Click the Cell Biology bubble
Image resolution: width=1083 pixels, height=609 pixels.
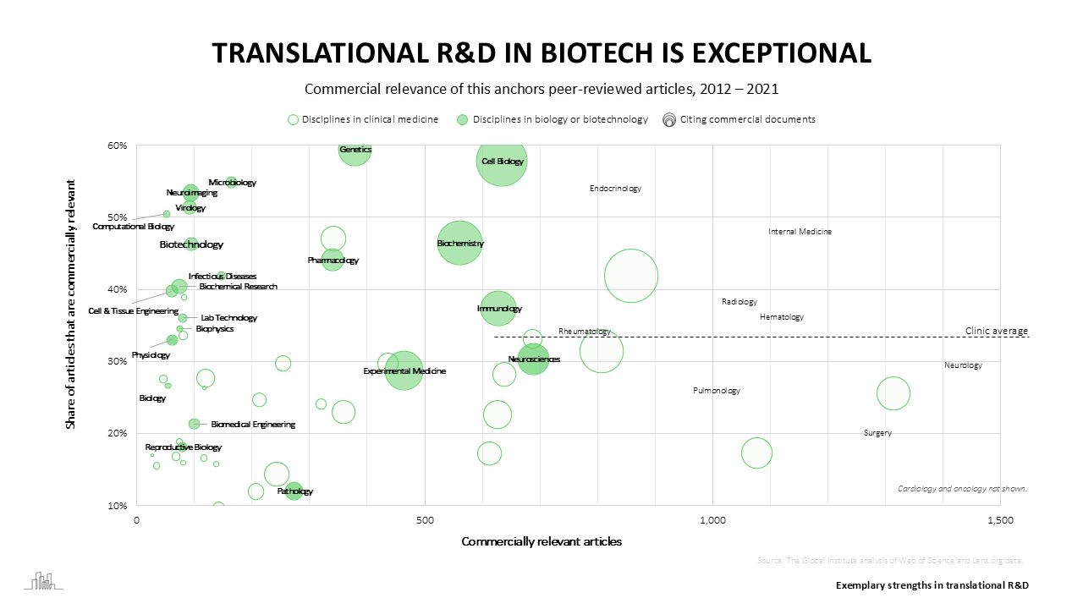coord(502,161)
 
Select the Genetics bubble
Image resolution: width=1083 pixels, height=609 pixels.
coord(355,151)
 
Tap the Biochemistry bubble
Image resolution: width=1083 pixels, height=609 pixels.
coord(459,244)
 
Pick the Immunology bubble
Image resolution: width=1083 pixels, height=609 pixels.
coord(499,309)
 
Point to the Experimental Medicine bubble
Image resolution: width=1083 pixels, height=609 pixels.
coord(404,370)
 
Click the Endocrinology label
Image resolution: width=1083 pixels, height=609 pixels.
coord(615,189)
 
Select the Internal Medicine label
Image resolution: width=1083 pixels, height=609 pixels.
coord(800,232)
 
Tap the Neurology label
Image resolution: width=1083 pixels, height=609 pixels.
coord(963,365)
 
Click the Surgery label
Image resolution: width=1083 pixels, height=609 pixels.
coord(877,433)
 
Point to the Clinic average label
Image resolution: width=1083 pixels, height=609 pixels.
coord(996,331)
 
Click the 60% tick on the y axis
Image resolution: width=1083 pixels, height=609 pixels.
coord(117,145)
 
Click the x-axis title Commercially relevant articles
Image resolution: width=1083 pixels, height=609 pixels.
coord(541,541)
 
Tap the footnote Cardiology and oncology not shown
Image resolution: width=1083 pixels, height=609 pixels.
coord(962,489)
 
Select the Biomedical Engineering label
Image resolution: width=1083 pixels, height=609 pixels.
coord(253,425)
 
